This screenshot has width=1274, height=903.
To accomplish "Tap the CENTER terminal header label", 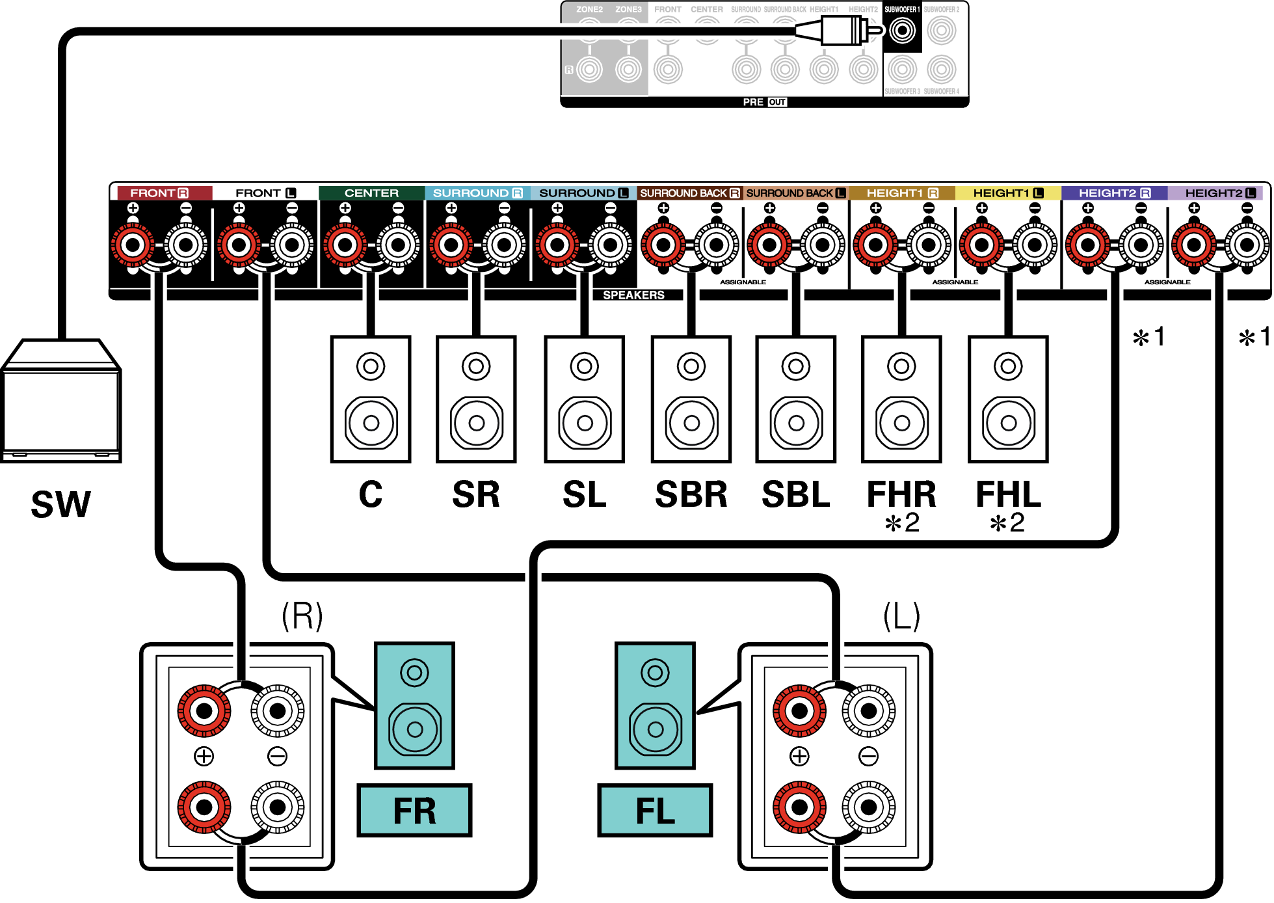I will [371, 193].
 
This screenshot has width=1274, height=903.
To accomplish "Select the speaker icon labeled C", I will [371, 399].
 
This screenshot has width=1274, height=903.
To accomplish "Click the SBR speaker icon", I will [691, 399].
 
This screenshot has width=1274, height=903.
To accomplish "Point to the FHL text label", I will [1008, 494].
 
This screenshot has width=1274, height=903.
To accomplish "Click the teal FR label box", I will [414, 811].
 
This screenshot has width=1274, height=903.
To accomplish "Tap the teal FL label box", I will [655, 811].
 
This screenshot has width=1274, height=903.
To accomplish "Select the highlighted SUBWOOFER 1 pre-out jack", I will [902, 31].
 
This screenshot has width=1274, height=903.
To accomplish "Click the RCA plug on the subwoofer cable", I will [843, 31].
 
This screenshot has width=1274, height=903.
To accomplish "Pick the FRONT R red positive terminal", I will [133, 245].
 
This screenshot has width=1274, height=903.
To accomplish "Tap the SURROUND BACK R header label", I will [689, 193].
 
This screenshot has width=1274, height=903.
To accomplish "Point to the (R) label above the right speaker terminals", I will [302, 615].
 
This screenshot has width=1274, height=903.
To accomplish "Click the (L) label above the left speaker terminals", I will [901, 615].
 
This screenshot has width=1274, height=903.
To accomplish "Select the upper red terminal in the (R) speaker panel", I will [204, 710].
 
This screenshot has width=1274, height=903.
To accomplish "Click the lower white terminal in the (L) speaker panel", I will [868, 807].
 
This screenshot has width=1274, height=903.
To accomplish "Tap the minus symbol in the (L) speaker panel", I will [868, 756].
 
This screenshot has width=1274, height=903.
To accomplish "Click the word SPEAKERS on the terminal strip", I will [633, 295].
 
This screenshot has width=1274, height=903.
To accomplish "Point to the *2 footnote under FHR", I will [901, 523].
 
